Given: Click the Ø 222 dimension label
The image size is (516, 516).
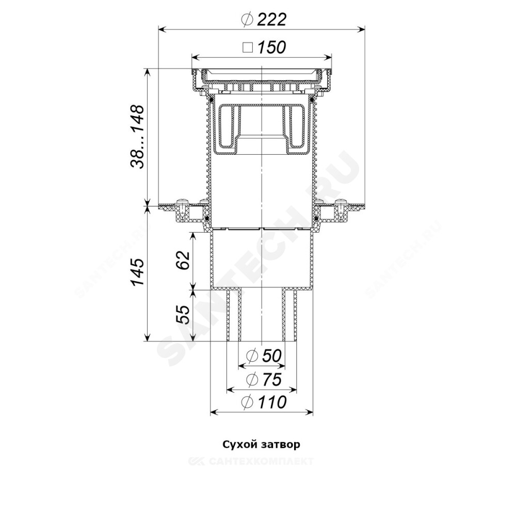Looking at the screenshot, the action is point(264,20).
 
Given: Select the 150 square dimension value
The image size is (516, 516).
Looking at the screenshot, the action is point(271,47).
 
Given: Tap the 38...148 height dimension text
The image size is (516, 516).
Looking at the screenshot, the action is point(137,137).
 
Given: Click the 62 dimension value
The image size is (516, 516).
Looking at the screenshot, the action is point(183,260).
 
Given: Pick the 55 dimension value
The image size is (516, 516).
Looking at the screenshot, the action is point(183,315).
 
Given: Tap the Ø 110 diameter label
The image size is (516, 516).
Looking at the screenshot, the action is point(264,402).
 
